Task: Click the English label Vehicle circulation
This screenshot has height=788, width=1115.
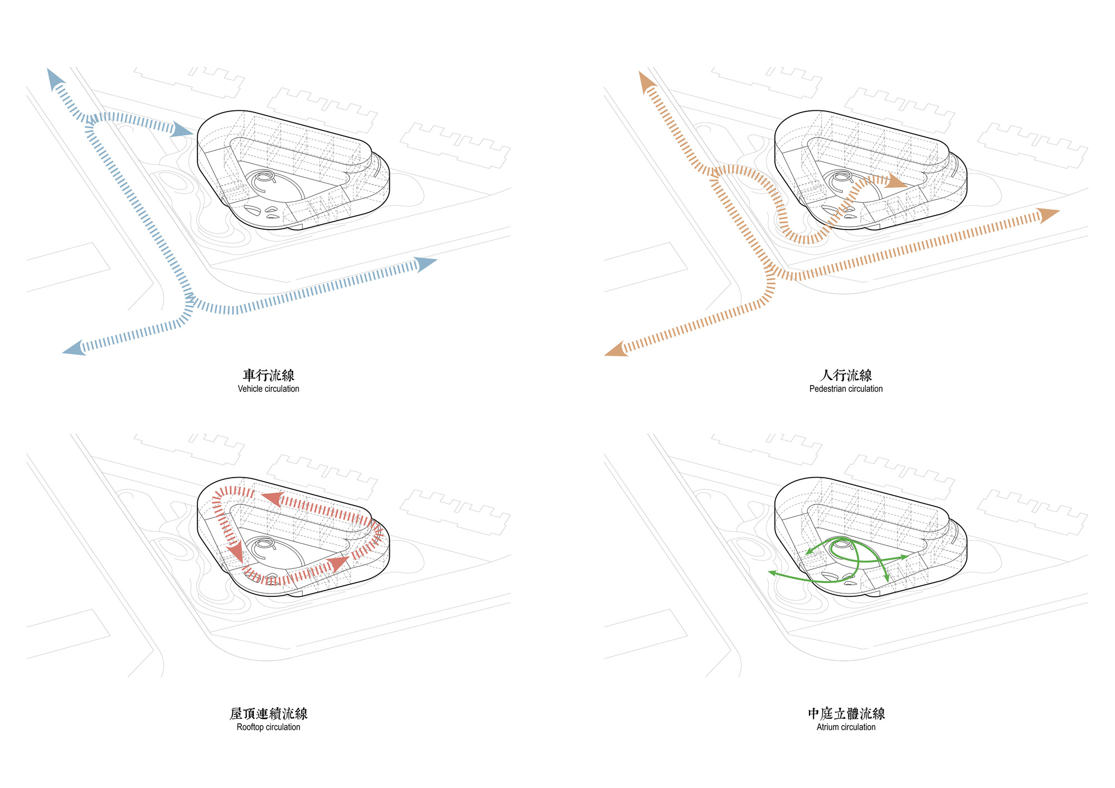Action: tap(268, 389)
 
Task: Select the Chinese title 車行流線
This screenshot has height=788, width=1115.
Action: tap(269, 375)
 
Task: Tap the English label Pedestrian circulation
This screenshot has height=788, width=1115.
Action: tap(846, 389)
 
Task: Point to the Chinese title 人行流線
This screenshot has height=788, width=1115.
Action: tap(846, 375)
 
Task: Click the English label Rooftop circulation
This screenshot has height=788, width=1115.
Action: tap(268, 727)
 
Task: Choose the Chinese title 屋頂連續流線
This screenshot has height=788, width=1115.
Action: tap(269, 713)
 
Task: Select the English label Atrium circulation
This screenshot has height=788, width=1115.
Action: tap(846, 727)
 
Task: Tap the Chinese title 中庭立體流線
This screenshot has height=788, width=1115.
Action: tap(846, 713)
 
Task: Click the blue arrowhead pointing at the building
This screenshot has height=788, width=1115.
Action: tap(182, 130)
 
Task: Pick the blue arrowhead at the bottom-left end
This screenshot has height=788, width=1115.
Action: tap(75, 348)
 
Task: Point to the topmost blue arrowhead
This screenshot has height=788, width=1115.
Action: tap(55, 79)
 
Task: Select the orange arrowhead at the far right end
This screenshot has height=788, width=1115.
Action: tap(1048, 215)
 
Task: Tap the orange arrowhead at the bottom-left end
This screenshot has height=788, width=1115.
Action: tap(617, 349)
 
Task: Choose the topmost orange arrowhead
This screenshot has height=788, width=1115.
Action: tap(647, 82)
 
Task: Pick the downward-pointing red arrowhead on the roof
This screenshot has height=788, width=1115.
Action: tap(235, 553)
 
